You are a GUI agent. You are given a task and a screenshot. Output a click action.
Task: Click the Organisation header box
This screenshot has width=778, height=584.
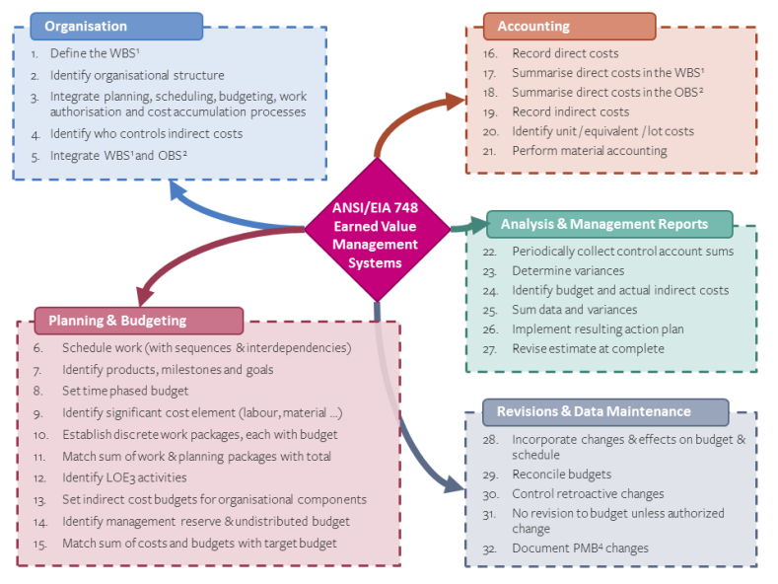coord(116,26)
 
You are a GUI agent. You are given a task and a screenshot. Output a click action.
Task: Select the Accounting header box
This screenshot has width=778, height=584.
coord(568,26)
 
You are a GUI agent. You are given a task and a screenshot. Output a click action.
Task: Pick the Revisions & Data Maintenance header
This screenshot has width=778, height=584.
coord(604,411)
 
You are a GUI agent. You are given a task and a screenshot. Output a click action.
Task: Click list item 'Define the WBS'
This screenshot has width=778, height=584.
coord(96,53)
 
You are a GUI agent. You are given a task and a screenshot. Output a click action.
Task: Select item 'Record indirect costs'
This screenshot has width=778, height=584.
coord(570,111)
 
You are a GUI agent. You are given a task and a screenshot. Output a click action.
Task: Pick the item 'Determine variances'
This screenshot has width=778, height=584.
coord(567,270)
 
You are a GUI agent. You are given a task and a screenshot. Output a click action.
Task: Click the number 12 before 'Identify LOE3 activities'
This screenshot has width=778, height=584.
coord(39,478)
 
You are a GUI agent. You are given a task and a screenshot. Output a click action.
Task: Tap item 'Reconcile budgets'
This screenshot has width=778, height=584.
coord(561,474)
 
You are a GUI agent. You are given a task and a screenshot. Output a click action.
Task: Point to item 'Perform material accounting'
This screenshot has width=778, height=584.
coord(589,151)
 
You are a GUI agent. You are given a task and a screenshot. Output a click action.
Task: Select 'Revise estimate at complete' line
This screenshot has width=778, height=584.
coord(588,348)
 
